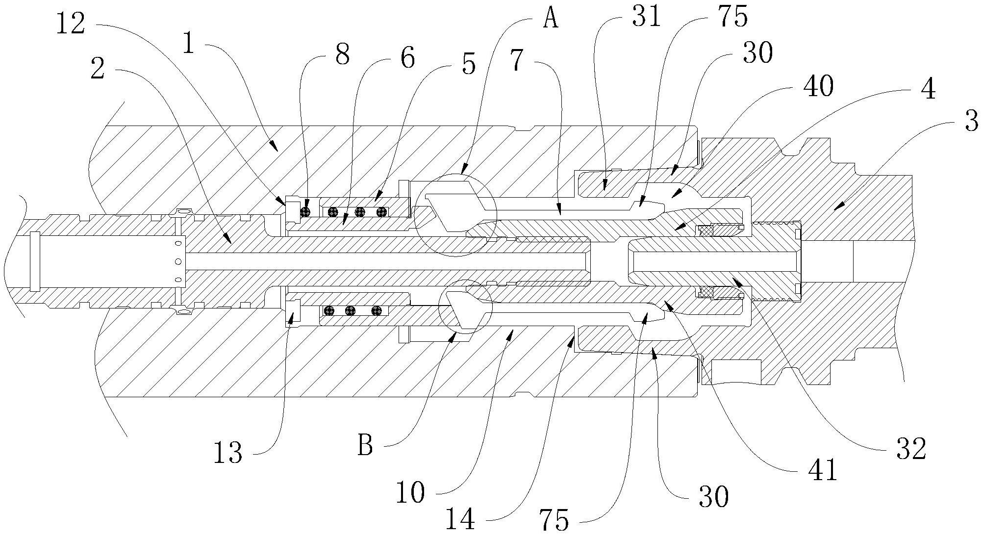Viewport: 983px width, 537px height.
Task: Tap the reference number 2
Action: [98, 70]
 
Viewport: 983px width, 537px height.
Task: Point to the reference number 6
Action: [407, 58]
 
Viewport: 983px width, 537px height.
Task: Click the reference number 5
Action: [469, 64]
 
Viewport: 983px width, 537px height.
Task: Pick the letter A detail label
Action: [551, 20]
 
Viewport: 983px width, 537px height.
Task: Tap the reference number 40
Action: [818, 87]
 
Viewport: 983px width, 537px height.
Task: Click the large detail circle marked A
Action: [455, 215]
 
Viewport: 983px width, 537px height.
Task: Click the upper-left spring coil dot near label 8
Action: [306, 211]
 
